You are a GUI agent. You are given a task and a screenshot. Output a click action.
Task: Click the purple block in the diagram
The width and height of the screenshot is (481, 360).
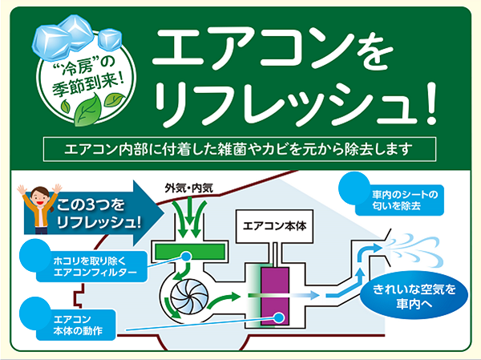click(275, 296)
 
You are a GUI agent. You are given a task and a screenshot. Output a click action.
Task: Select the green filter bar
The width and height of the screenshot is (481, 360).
click(190, 251)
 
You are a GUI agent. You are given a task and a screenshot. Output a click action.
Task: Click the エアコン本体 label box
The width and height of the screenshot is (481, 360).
click(274, 226)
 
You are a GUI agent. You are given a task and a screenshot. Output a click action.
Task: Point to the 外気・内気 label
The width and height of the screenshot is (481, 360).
click(189, 188)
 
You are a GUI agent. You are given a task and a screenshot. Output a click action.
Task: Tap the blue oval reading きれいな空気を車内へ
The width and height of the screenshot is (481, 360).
click(414, 295)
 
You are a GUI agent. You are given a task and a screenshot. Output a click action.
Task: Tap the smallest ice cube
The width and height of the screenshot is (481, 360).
click(110, 39)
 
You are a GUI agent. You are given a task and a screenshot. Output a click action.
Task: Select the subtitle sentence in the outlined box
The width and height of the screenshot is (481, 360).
click(239, 149)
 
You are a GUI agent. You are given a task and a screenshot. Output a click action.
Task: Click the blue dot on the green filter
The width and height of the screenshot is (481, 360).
click(186, 256)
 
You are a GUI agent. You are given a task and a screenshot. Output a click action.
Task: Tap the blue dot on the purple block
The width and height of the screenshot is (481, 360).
click(278, 318)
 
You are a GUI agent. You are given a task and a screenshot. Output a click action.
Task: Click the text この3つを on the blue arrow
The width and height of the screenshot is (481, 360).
click(91, 204)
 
